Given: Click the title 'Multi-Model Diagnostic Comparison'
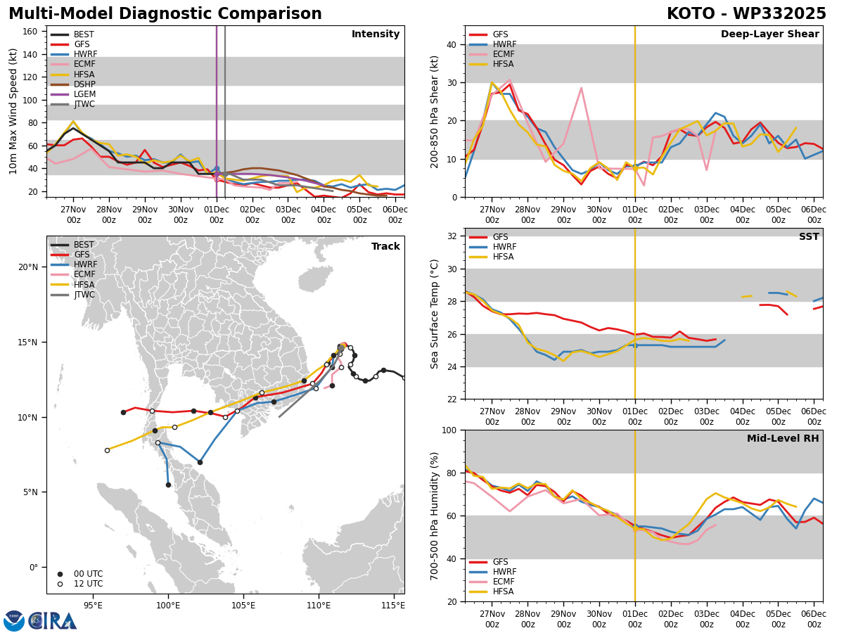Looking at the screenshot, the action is click(x=165, y=13).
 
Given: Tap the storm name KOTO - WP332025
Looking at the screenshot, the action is click(x=746, y=13).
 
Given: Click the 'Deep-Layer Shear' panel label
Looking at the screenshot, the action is click(x=769, y=34).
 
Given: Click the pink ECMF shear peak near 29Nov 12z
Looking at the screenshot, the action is click(x=581, y=88).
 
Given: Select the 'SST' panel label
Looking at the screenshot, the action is click(x=809, y=236).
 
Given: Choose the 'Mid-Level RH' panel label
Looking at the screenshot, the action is click(x=783, y=438).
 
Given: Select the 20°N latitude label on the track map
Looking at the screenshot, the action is click(x=28, y=267).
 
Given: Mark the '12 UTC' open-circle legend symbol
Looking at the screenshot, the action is click(x=60, y=584).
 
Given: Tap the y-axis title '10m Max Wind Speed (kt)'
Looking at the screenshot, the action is click(x=13, y=111).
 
